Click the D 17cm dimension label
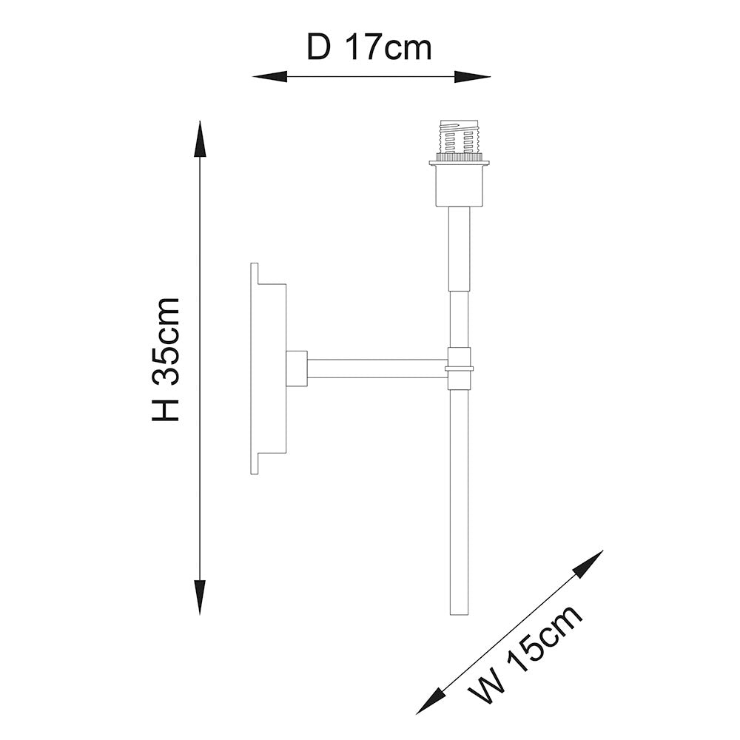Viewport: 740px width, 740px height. click(369, 48)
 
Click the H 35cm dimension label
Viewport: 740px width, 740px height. click(166, 360)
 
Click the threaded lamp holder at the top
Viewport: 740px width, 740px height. click(460, 138)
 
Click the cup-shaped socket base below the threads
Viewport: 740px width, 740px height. click(460, 185)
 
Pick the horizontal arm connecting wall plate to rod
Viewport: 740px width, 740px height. click(376, 369)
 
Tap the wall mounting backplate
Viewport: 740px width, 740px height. click(268, 369)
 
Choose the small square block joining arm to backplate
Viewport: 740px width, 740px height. click(296, 369)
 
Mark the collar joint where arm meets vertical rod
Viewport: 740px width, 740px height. click(460, 368)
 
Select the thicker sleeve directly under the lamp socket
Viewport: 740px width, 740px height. click(460, 249)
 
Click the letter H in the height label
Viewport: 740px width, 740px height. click(166, 408)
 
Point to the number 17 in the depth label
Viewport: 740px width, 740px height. click(364, 48)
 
